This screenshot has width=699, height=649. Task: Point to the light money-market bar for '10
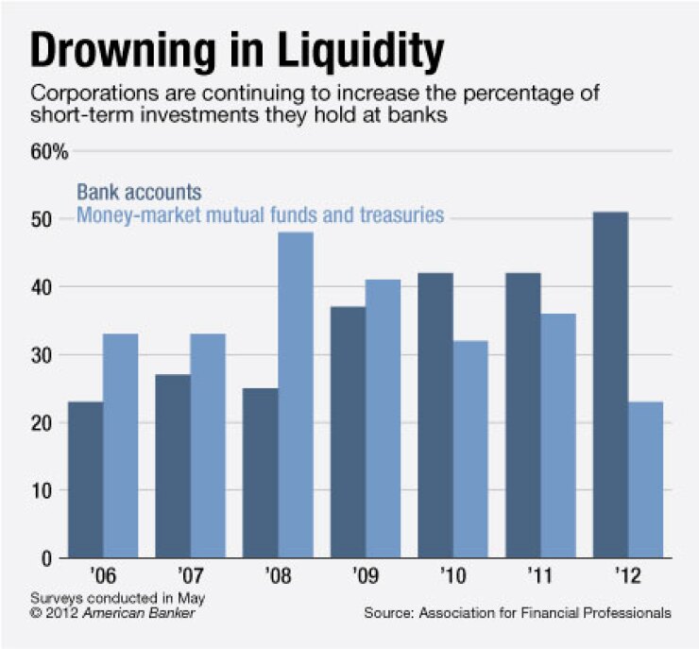[x=470, y=449]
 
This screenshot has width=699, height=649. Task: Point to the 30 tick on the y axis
[x=43, y=355]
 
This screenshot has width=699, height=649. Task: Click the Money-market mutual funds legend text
[x=260, y=215]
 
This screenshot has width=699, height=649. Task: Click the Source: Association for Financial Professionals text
[x=518, y=613]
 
